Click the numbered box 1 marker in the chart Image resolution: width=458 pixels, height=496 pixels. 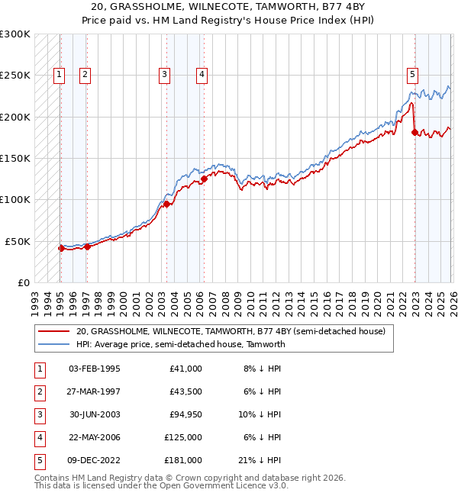[x=60, y=75]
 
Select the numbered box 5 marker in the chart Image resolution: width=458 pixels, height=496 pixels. [x=412, y=75]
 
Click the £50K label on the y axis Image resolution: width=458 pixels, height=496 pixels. [x=18, y=241]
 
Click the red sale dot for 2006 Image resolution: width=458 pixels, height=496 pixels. [x=204, y=180]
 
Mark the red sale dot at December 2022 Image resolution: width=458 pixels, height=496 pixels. [x=414, y=133]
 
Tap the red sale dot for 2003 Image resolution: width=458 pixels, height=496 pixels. [x=167, y=204]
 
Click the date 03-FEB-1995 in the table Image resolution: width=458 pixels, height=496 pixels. [x=94, y=369]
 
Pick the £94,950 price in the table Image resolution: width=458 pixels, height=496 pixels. [x=183, y=414]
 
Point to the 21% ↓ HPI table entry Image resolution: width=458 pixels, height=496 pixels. [x=260, y=460]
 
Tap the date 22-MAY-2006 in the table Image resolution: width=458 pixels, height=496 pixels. [x=94, y=437]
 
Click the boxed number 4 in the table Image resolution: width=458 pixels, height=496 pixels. [x=39, y=437]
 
